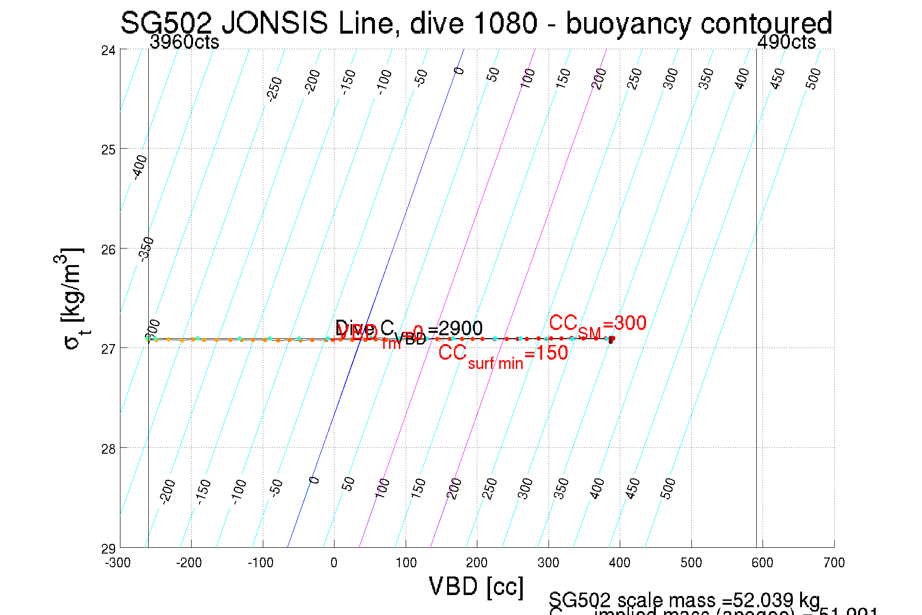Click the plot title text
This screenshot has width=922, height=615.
pyautogui.click(x=476, y=23)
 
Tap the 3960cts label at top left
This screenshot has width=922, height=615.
pyautogui.click(x=184, y=42)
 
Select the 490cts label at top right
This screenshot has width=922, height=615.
pyautogui.click(x=786, y=42)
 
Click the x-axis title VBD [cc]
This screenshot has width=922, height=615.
pyautogui.click(x=476, y=586)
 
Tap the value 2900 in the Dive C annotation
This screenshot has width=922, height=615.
pyautogui.click(x=461, y=328)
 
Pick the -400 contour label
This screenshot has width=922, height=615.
pyautogui.click(x=140, y=167)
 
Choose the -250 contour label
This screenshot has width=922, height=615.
pyautogui.click(x=275, y=88)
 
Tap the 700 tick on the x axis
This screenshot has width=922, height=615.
pyautogui.click(x=834, y=563)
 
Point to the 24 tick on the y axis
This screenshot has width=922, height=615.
pyautogui.click(x=108, y=50)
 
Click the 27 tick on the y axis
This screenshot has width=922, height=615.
pyautogui.click(x=108, y=349)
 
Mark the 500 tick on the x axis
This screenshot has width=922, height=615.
pyautogui.click(x=691, y=563)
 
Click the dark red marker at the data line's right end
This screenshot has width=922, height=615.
pyautogui.click(x=611, y=340)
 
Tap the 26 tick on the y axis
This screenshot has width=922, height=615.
pyautogui.click(x=108, y=250)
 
